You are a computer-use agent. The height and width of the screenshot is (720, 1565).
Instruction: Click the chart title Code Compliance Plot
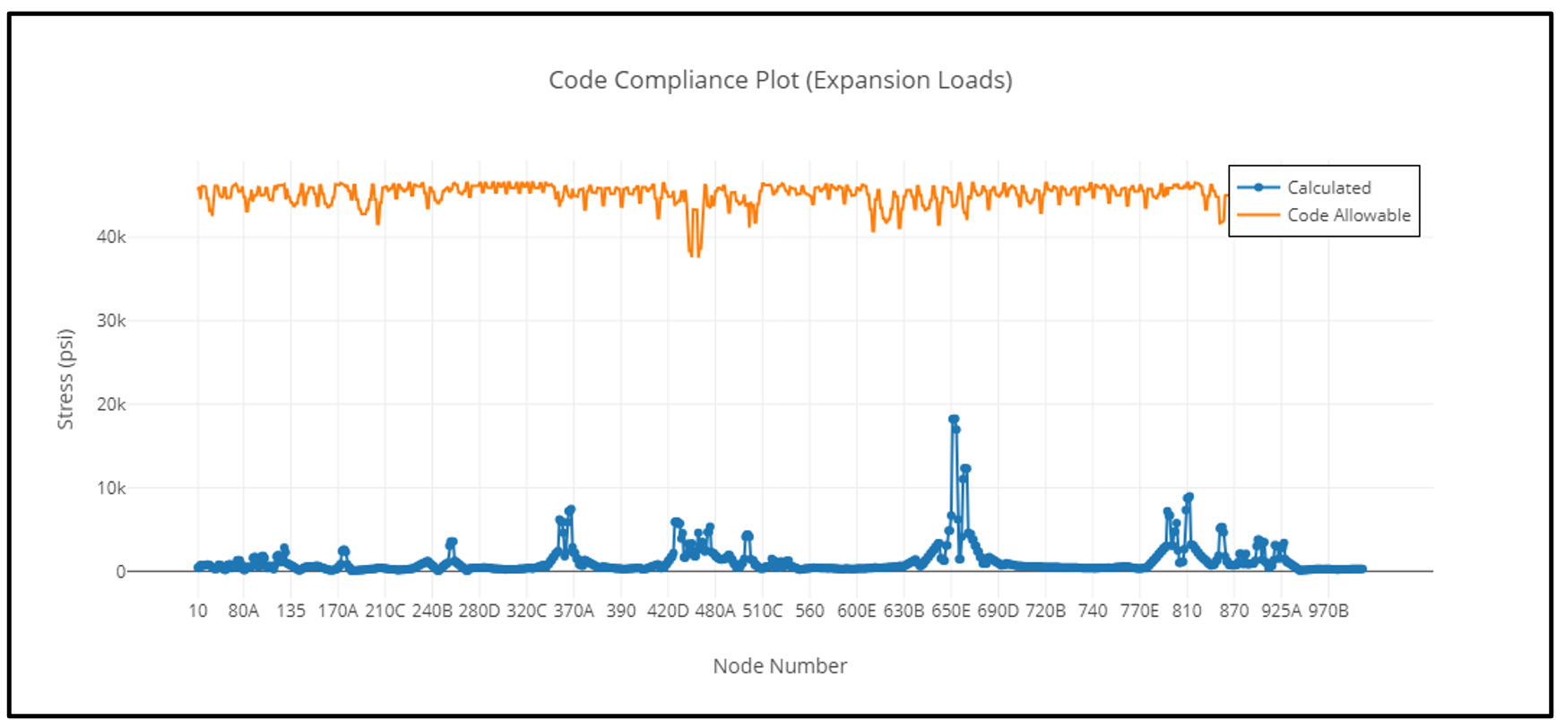[780, 80]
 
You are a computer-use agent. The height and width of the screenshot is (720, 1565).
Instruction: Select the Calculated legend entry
[1328, 187]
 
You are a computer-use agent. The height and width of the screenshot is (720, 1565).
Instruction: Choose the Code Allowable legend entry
[1348, 215]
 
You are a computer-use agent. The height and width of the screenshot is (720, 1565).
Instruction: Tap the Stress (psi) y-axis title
[65, 379]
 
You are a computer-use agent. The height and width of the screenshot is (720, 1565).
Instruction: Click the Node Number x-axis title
[780, 666]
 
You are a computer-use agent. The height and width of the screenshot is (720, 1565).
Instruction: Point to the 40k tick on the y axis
[111, 237]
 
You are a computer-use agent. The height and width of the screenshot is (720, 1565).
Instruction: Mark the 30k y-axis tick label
[111, 320]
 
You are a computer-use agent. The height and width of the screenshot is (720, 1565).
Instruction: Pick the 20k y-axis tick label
[111, 404]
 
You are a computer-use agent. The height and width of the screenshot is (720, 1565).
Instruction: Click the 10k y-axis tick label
[111, 488]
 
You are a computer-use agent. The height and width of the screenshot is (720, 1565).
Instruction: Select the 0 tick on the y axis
[120, 572]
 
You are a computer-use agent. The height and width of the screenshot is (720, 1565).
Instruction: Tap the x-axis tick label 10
[198, 611]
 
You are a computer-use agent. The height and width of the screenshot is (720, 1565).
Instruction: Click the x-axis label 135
[290, 611]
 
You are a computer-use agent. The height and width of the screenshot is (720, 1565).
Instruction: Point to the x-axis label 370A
[574, 611]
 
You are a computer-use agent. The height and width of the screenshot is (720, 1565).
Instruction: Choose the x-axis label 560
[809, 611]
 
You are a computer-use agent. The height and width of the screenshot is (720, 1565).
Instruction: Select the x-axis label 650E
[951, 611]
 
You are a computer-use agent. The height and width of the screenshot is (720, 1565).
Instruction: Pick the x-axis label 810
[1187, 611]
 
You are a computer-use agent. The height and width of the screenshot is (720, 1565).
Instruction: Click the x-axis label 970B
[1327, 611]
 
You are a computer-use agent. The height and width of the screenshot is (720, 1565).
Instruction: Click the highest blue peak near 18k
[954, 419]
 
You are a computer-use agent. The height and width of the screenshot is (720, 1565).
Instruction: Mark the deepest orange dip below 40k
[694, 256]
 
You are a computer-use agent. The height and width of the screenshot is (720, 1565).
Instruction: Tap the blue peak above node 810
[1189, 498]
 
